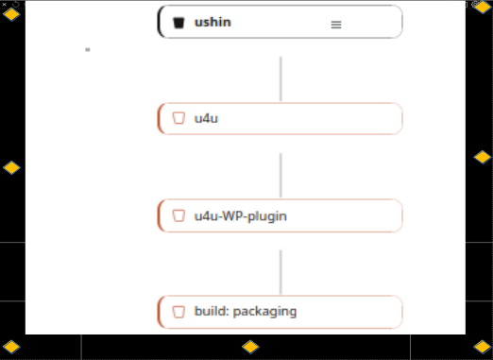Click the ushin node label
212,23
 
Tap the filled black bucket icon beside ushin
178,23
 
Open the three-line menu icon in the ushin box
336,25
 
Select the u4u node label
206,119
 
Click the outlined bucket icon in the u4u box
178,118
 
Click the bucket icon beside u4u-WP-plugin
178,215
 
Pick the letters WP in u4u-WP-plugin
233,216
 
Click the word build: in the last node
212,311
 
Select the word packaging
264,312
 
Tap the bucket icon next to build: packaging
178,312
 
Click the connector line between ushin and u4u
280,78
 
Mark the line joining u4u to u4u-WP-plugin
280,176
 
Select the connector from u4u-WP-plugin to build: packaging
280,272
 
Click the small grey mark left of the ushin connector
88,49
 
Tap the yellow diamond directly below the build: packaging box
250,347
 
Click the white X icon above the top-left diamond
4,4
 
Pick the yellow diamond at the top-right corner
483,7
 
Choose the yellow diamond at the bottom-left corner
11,347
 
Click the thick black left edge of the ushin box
160,22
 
